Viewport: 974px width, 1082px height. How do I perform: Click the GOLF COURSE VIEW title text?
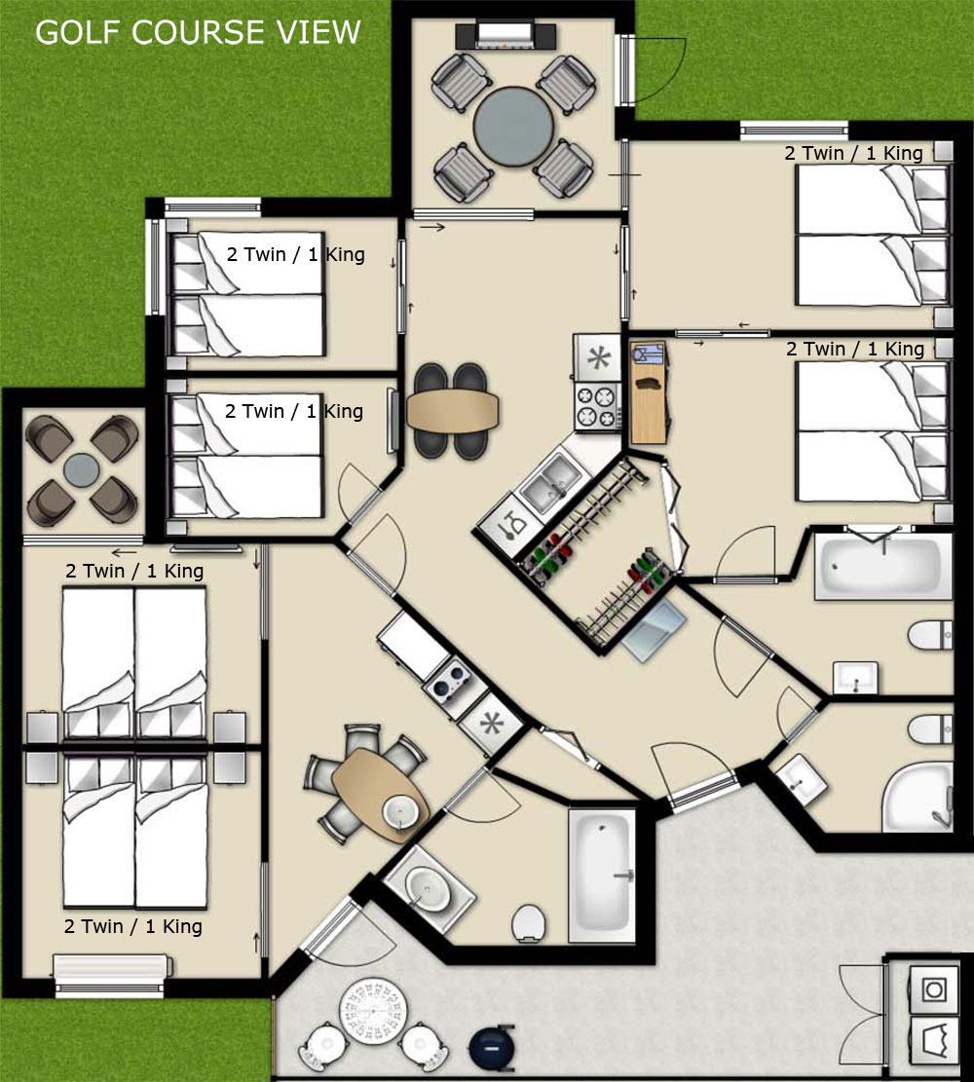tap(198, 32)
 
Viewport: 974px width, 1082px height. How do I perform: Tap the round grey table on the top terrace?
tap(513, 127)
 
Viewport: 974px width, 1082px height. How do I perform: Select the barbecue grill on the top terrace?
tap(506, 35)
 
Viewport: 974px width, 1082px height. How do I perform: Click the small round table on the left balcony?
tap(82, 470)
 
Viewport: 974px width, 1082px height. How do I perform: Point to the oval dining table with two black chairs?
tap(452, 411)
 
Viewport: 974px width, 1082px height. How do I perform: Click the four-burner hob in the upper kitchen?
tap(597, 406)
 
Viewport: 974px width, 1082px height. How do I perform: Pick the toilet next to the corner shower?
tap(930, 729)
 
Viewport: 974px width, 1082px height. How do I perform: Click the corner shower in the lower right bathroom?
tap(918, 797)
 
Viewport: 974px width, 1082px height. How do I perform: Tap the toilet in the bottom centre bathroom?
tap(529, 922)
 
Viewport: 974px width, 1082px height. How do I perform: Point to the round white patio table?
tap(373, 1012)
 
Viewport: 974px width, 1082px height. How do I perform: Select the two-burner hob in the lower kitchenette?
tap(448, 679)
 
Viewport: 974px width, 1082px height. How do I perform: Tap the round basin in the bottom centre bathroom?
tap(428, 885)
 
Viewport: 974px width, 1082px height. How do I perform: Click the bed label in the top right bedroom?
tap(853, 153)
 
